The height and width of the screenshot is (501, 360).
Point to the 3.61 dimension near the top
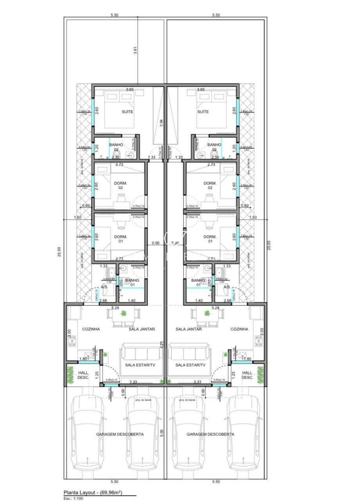pyautogui.click(x=135, y=50)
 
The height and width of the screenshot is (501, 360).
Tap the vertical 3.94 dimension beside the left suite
pyautogui.click(x=161, y=124)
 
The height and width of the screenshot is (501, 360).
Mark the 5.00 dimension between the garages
pyautogui.click(x=162, y=433)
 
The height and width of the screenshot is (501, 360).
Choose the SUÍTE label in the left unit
pyautogui.click(x=127, y=112)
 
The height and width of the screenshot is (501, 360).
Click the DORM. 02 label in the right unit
pyautogui.click(x=210, y=185)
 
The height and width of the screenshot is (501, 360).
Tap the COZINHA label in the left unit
pyautogui.click(x=91, y=329)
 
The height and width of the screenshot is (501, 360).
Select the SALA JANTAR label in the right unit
pyautogui.click(x=189, y=329)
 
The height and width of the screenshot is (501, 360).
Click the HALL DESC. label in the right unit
pyautogui.click(x=247, y=375)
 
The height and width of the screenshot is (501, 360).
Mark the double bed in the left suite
pyautogui.click(x=116, y=106)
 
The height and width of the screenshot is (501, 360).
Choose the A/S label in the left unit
pyautogui.click(x=104, y=287)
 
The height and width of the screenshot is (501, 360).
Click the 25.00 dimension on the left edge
pyautogui.click(x=59, y=251)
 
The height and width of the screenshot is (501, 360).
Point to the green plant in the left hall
pyautogui.click(x=70, y=375)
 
